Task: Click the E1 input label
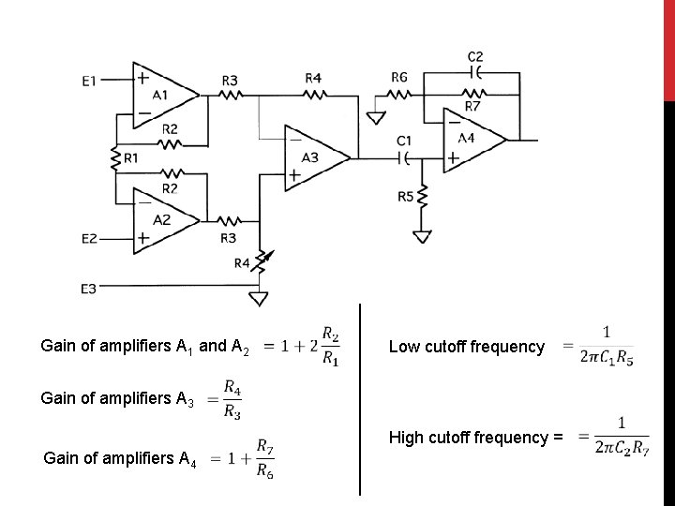tap(88, 82)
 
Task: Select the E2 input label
tap(88, 239)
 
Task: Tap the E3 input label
tap(88, 290)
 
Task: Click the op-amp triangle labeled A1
tap(161, 94)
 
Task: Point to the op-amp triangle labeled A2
tap(161, 219)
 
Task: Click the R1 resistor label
tap(129, 159)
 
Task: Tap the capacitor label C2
tap(475, 56)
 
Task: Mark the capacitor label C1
tap(405, 141)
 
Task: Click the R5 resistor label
tap(406, 197)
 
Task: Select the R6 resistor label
tap(399, 78)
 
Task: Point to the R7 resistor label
tap(472, 107)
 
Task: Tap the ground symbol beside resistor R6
tap(376, 118)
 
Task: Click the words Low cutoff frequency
tap(466, 347)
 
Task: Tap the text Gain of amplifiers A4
tap(120, 458)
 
